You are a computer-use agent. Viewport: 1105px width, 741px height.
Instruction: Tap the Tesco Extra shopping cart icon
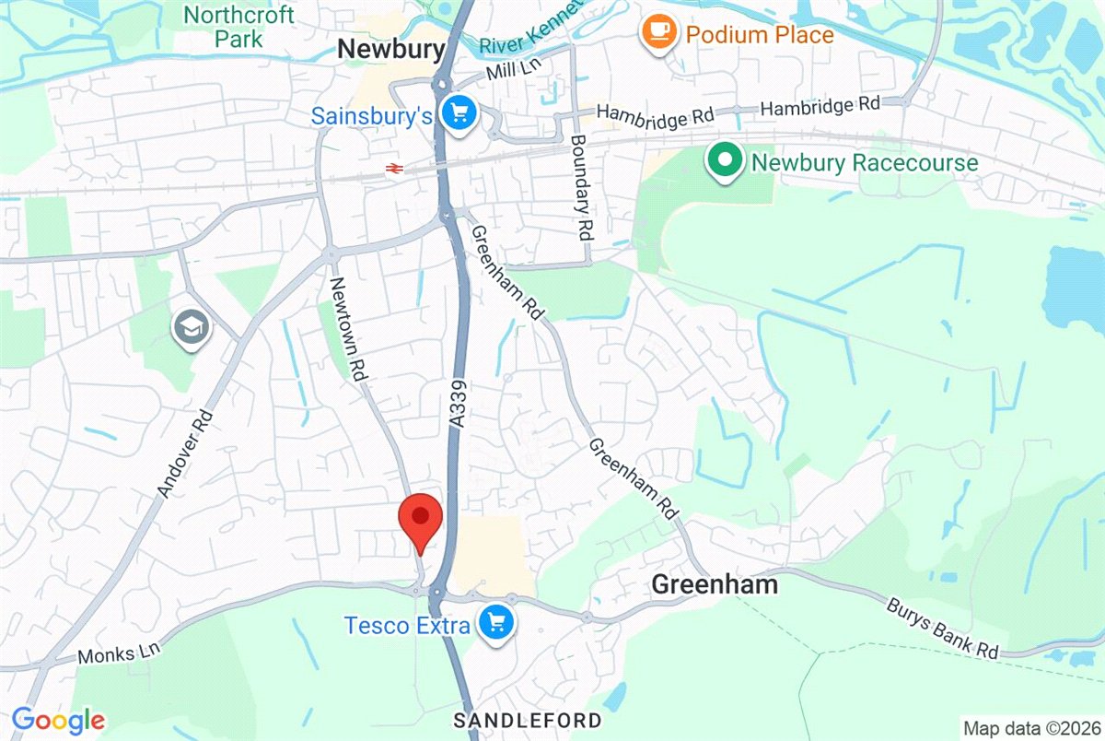497,625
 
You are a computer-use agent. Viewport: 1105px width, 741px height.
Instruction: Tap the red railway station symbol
394,169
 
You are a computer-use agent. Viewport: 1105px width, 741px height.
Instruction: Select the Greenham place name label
715,583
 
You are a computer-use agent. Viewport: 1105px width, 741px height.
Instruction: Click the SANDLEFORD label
529,720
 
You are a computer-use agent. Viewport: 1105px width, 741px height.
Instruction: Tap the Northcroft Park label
239,27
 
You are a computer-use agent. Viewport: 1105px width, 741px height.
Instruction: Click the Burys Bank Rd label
944,629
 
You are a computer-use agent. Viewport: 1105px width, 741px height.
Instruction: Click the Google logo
57,720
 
